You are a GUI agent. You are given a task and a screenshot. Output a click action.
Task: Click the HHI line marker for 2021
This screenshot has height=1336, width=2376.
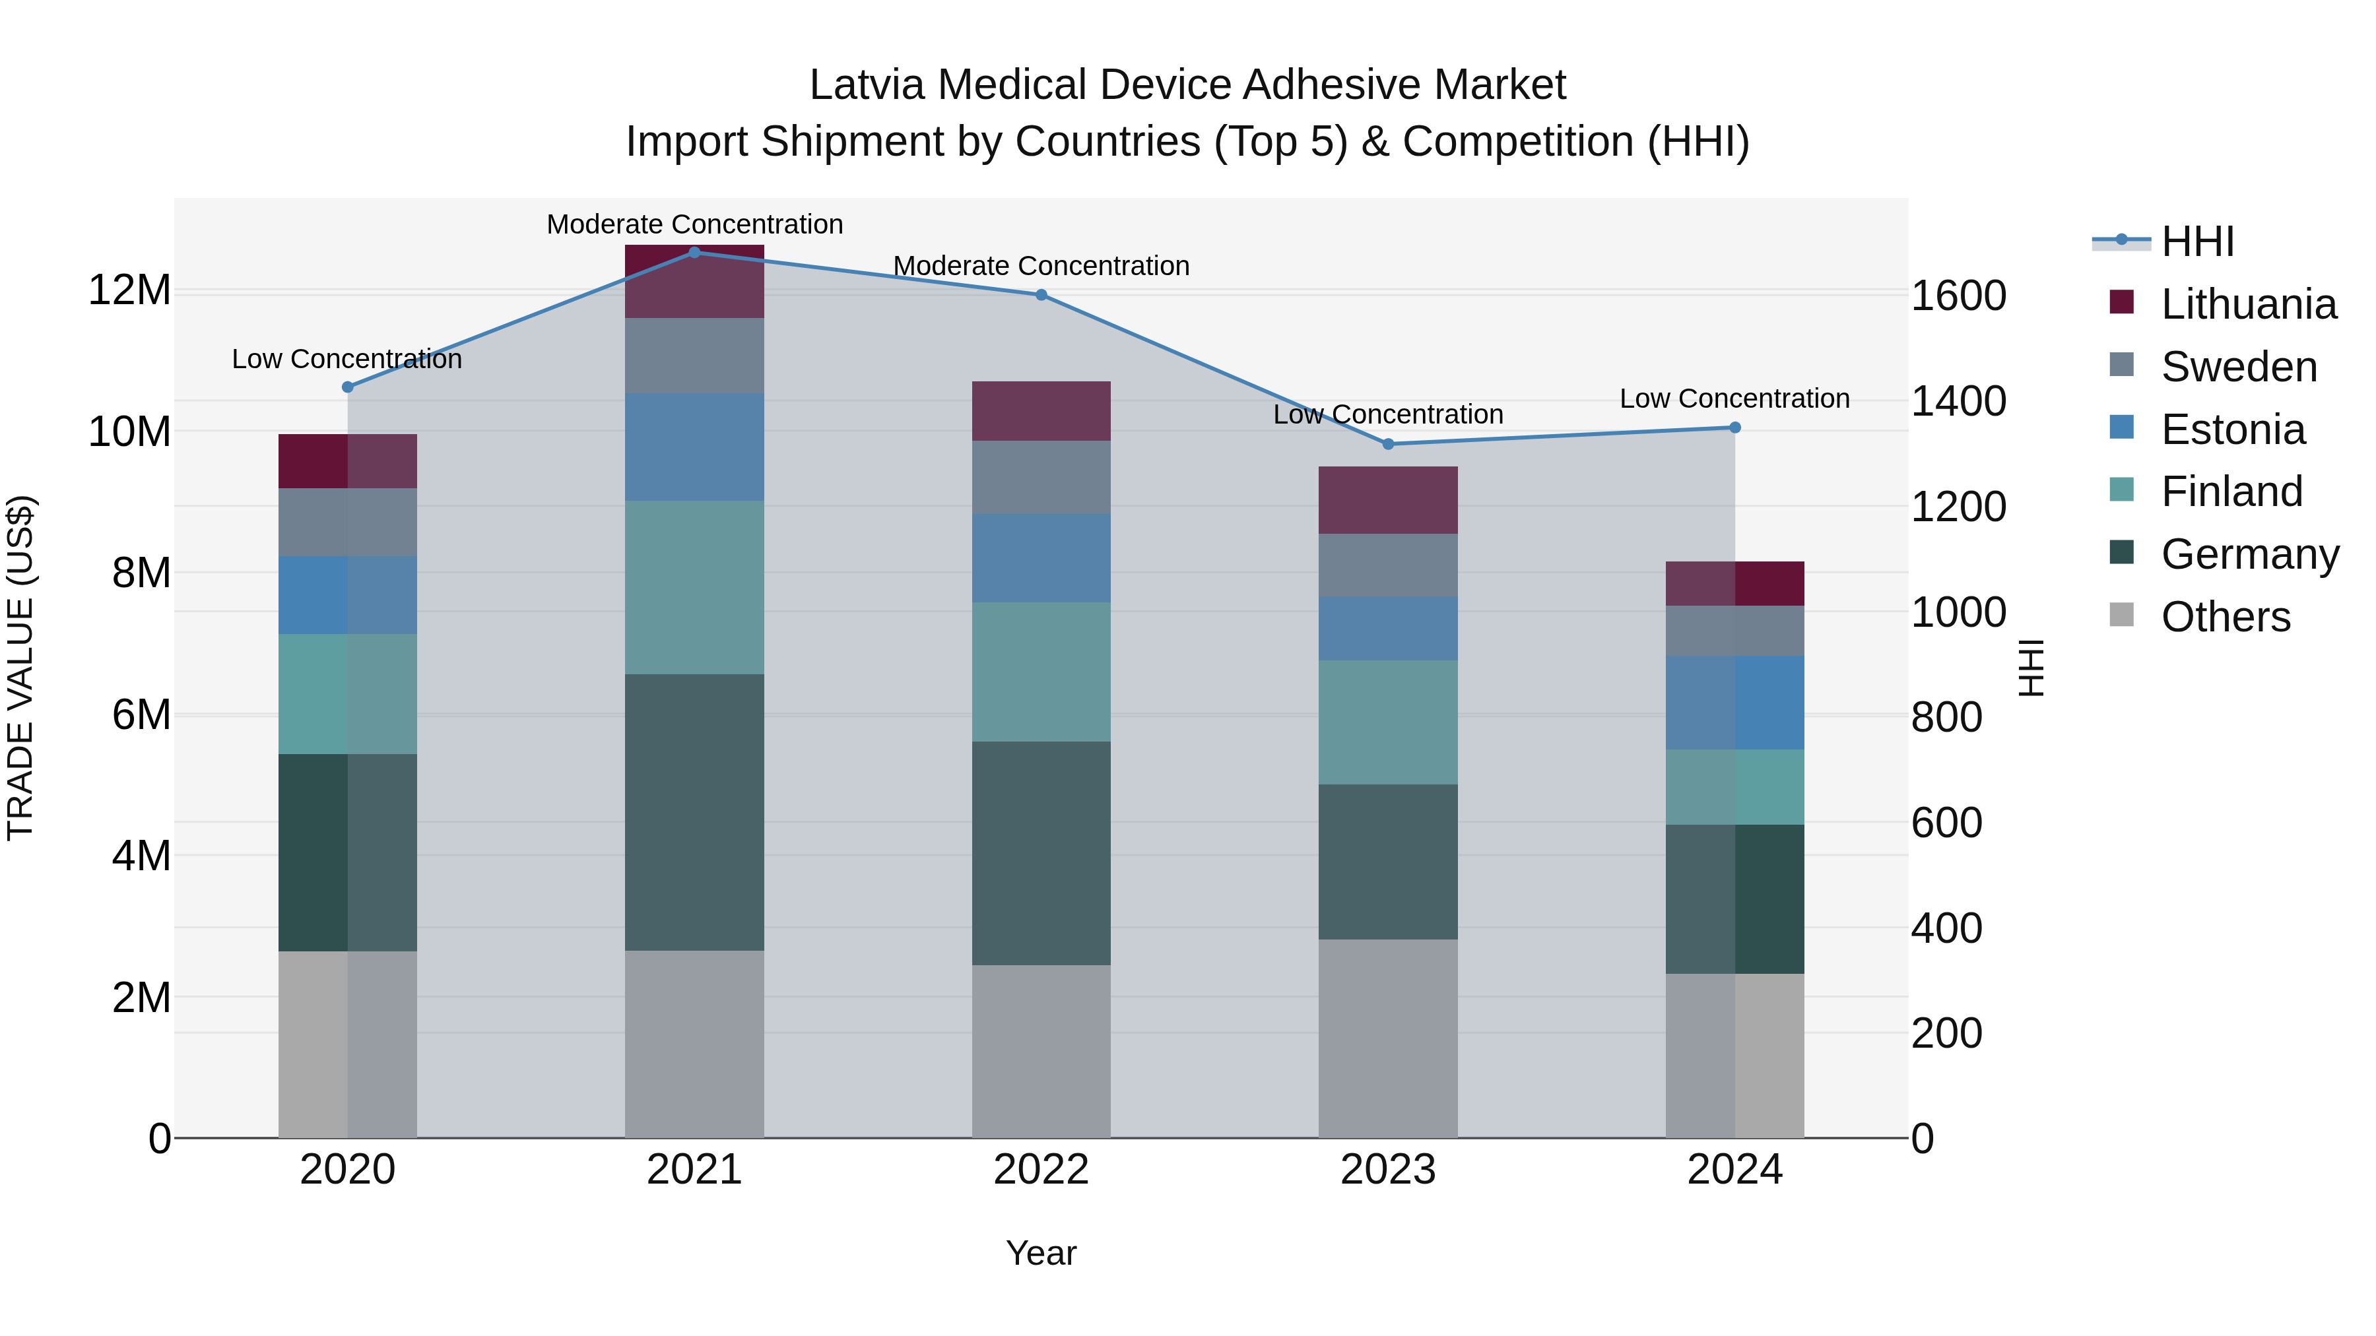tap(694, 253)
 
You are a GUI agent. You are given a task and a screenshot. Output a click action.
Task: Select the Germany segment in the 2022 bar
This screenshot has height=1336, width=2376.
tap(1041, 853)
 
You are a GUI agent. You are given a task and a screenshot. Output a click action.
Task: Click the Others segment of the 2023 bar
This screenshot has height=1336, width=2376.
tap(1388, 1038)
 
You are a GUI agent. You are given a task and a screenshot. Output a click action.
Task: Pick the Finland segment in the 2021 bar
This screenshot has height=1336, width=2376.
tap(694, 587)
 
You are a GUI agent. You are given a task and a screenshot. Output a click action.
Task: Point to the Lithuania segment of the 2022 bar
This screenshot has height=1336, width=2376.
tap(1041, 411)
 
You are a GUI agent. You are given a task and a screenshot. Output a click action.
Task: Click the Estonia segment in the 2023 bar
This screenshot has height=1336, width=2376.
tap(1388, 628)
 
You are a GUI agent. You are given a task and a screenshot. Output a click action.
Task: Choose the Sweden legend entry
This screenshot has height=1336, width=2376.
tap(2239, 367)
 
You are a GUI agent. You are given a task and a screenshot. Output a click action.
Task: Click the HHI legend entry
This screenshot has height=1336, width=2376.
tap(2197, 241)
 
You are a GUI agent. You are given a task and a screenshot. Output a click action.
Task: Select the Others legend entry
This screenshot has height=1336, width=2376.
tap(2225, 617)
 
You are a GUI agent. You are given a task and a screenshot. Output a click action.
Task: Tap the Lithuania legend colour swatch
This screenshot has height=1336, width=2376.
tap(2121, 302)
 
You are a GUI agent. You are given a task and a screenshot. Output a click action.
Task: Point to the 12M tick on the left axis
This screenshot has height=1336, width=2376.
tap(129, 290)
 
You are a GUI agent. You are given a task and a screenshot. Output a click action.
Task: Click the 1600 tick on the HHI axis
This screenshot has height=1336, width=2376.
tap(1958, 296)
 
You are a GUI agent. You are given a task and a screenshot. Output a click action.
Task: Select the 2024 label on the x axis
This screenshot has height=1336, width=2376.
tap(1734, 1170)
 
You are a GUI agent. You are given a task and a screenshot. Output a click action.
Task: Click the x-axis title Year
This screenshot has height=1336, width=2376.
tap(1041, 1253)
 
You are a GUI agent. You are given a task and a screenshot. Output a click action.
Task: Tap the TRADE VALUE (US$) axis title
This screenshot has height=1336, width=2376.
tap(20, 668)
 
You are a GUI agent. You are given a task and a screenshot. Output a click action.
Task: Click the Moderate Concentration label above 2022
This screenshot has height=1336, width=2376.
tap(1041, 265)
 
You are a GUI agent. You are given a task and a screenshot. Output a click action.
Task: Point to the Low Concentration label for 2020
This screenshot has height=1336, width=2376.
tap(346, 359)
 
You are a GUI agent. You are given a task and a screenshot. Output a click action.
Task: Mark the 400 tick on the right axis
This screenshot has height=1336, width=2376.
tap(1946, 928)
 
